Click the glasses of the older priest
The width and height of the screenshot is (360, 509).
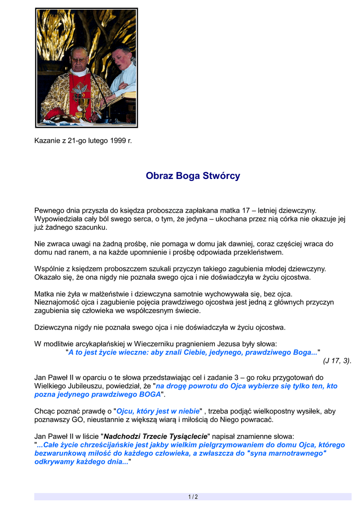[79, 59]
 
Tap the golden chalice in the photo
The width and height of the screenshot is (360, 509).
[80, 107]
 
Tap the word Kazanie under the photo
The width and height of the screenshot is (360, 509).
[47, 141]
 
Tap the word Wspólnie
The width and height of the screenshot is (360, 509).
[49, 269]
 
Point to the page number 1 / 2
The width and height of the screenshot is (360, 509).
[193, 497]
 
